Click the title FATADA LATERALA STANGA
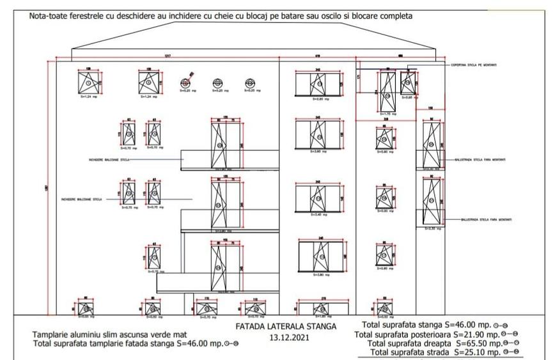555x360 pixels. click(x=285, y=327)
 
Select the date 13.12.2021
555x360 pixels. click(x=285, y=337)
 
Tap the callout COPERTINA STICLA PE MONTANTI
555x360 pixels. click(x=474, y=65)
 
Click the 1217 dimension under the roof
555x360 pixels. click(x=168, y=56)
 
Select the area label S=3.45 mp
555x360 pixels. click(x=319, y=215)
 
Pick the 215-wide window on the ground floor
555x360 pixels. click(x=323, y=308)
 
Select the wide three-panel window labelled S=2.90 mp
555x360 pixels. click(x=319, y=83)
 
